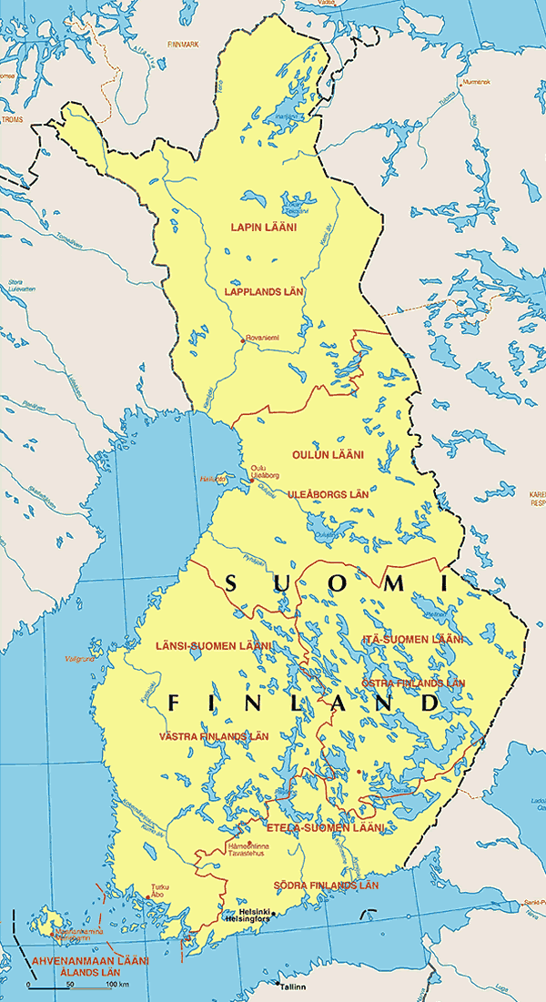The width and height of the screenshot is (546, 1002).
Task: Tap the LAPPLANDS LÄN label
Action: (264, 291)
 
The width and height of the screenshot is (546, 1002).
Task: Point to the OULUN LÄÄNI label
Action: (328, 454)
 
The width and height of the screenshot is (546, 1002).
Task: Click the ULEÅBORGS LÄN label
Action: (328, 493)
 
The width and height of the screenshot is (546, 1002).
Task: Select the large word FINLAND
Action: (302, 703)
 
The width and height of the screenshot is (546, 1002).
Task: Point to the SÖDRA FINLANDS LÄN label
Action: (326, 885)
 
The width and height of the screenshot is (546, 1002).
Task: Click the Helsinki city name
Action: (254, 911)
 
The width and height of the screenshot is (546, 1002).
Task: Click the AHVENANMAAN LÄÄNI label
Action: (77, 960)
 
